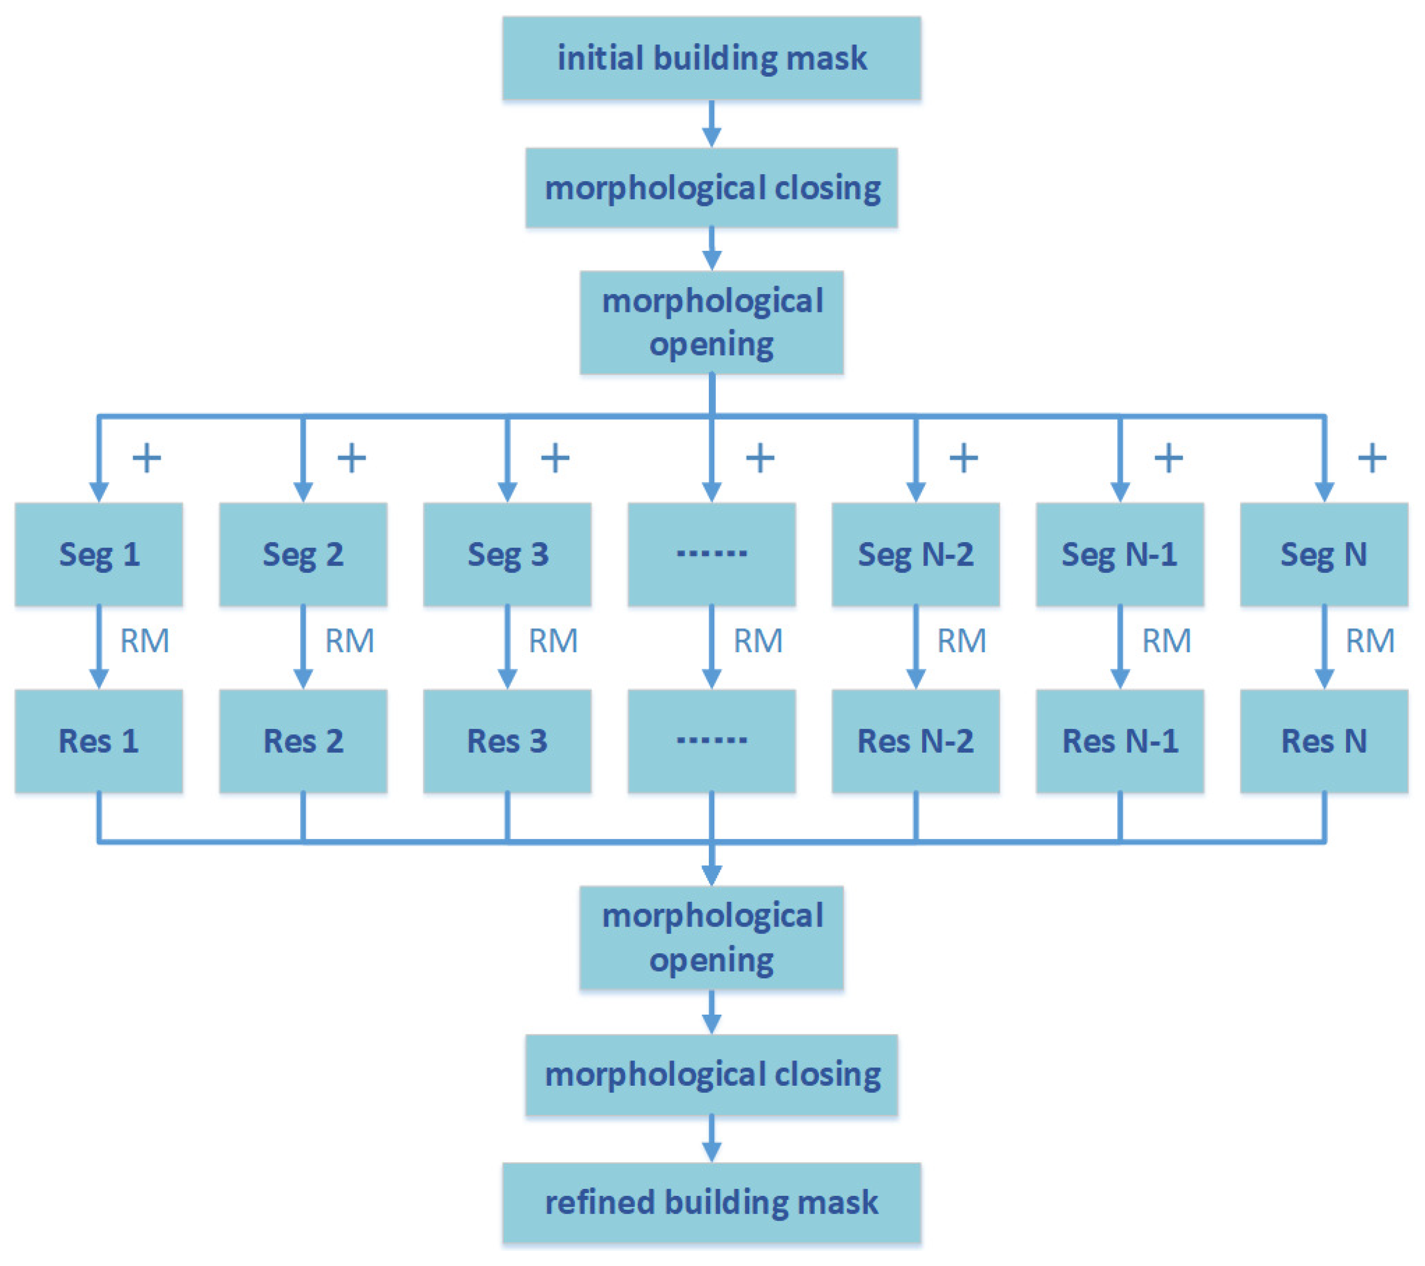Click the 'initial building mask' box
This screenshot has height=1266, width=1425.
[711, 58]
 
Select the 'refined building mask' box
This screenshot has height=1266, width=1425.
[711, 1203]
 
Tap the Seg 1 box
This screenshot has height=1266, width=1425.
[99, 554]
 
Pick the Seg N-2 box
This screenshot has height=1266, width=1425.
[915, 554]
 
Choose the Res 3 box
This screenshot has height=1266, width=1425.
[507, 741]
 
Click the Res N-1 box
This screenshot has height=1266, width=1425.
[1119, 741]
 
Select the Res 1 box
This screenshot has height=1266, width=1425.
[99, 741]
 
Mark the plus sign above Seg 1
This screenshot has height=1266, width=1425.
[146, 458]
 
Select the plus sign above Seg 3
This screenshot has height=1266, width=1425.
[555, 458]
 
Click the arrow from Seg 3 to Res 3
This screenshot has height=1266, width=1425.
[507, 647]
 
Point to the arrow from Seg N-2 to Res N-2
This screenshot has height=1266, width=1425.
[915, 647]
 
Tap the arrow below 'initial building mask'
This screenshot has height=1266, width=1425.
[711, 123]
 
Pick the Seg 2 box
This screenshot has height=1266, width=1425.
[303, 554]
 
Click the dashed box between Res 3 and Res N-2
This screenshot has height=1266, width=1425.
[711, 741]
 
